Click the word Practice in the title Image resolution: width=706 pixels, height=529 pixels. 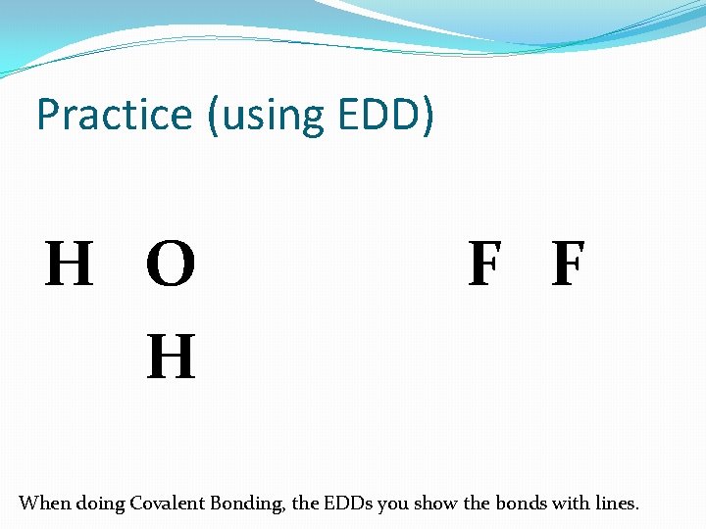(x=115, y=116)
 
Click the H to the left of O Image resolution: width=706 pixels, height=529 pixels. (x=70, y=265)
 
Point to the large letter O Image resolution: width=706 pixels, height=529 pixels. (x=171, y=265)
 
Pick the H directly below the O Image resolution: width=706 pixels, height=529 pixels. (x=171, y=357)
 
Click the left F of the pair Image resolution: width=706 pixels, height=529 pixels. (x=484, y=265)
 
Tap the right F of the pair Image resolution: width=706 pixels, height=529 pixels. (x=568, y=265)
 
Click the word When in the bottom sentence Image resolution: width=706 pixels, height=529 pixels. (x=45, y=504)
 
